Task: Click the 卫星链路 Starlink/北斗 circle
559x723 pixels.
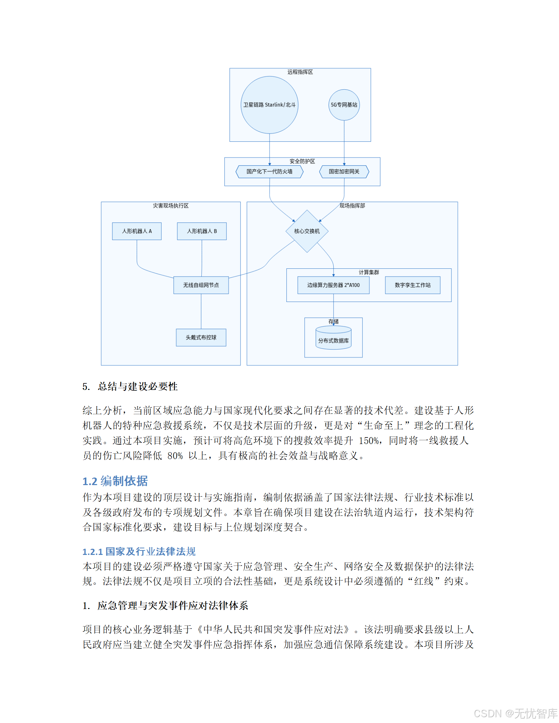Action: (x=269, y=105)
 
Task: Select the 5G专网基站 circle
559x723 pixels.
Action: (x=344, y=105)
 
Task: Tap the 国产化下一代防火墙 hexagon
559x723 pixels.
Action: (x=269, y=172)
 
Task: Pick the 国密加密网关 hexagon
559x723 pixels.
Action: (x=344, y=172)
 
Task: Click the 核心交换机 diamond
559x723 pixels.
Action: (x=307, y=231)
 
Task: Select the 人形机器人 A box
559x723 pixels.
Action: (x=137, y=231)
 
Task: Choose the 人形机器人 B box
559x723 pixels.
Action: (x=202, y=231)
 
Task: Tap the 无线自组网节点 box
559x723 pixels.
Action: (x=201, y=285)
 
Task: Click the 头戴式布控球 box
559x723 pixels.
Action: (x=201, y=337)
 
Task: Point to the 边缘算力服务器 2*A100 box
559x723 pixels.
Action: (x=333, y=285)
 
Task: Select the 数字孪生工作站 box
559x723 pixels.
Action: (x=412, y=285)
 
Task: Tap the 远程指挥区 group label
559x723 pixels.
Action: (x=300, y=72)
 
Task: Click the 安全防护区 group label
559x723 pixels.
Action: (x=302, y=161)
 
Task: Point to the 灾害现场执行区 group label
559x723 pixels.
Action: (x=171, y=206)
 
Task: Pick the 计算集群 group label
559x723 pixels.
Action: (x=369, y=272)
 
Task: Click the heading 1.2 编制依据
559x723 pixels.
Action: (x=115, y=481)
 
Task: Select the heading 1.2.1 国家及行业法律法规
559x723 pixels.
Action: (x=139, y=551)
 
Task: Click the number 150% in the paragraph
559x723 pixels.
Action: (x=369, y=441)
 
